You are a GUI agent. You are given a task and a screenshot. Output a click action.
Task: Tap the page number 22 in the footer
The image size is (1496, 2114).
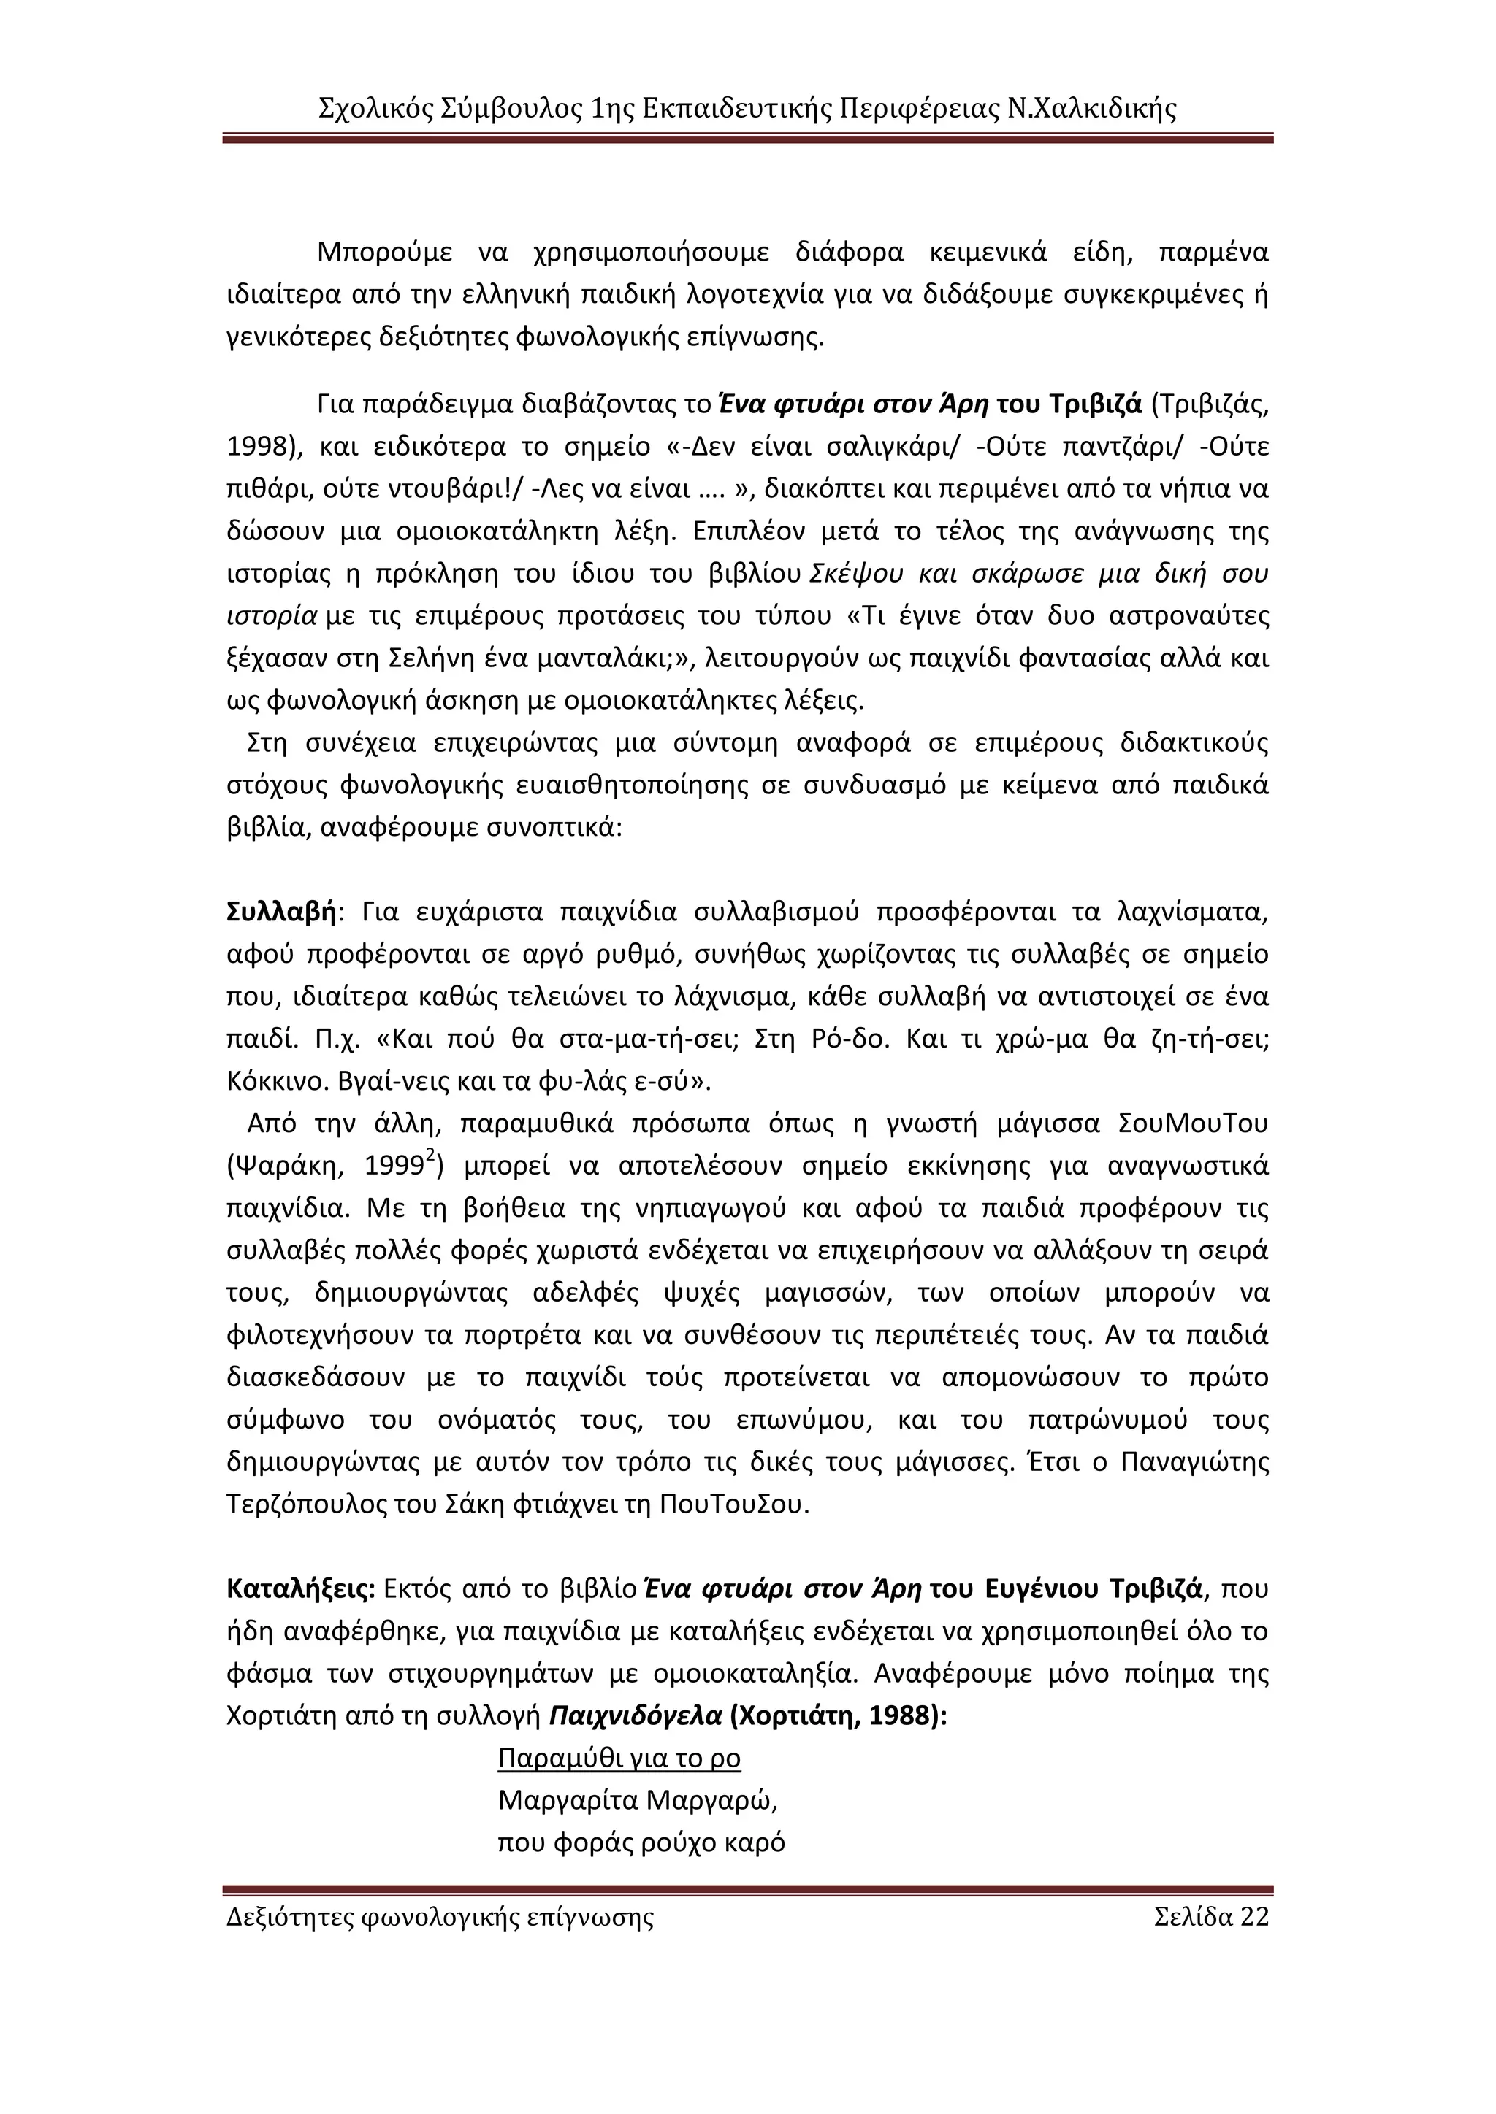[1253, 1917]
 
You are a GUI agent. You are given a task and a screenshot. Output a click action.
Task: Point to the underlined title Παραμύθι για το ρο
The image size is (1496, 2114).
[619, 1758]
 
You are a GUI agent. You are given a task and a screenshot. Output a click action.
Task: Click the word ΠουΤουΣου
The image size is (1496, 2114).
[734, 1504]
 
